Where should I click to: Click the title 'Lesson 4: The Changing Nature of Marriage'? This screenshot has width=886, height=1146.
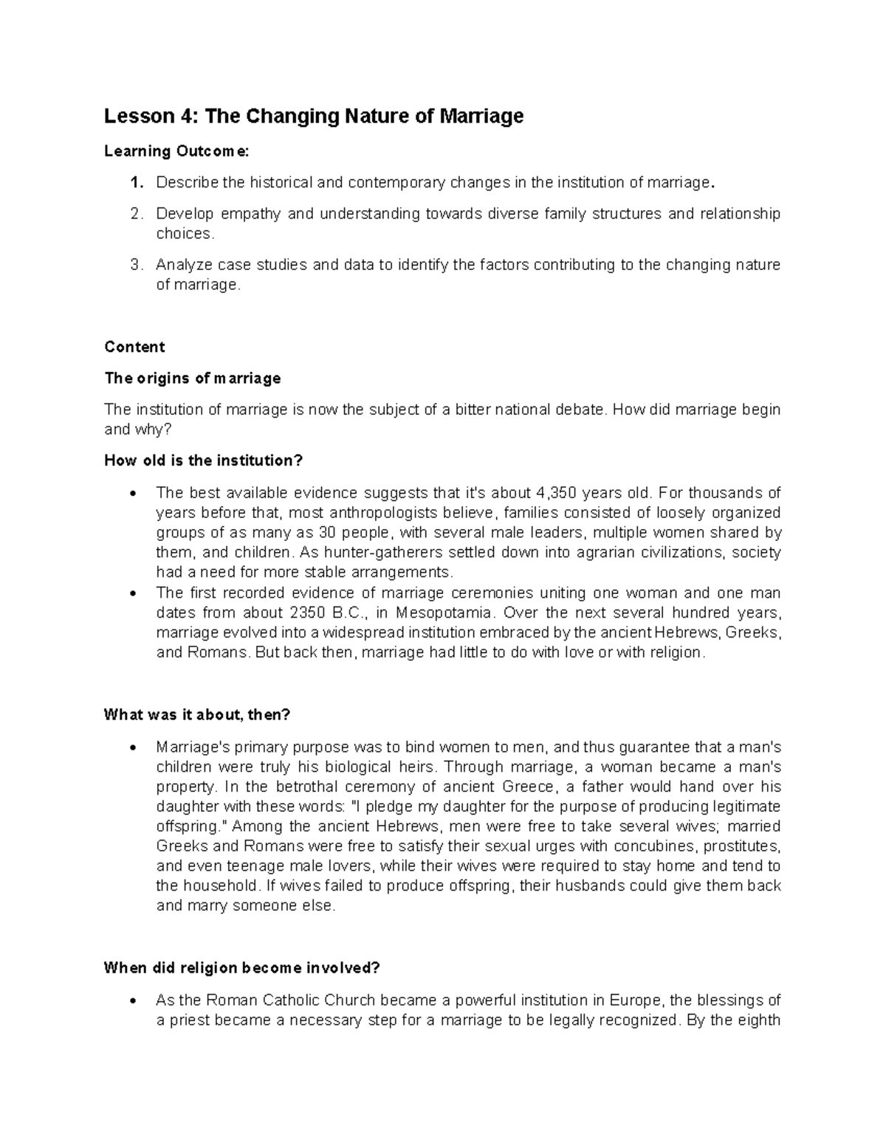coord(314,117)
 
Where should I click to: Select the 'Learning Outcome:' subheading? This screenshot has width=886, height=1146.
coord(177,151)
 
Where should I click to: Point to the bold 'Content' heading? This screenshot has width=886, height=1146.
coord(134,347)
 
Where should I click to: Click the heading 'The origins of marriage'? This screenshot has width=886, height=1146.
coord(193,379)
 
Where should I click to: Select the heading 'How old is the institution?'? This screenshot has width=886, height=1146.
coord(204,460)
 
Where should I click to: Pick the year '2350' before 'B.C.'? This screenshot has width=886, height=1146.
coord(308,612)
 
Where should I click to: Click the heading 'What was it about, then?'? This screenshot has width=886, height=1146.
coord(197,714)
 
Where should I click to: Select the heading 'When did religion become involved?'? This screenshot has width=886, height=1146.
coord(241,968)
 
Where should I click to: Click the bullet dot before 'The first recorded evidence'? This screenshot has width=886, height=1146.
coord(133,593)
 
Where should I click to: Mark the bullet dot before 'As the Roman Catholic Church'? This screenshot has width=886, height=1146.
coord(133,1001)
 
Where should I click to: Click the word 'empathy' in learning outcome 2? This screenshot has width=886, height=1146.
coord(250,214)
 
